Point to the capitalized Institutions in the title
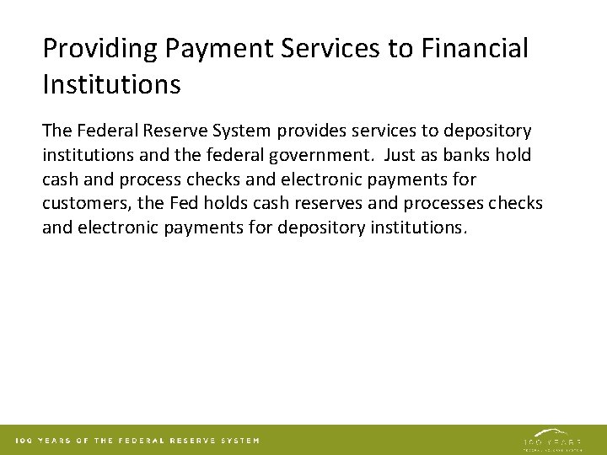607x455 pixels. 111,84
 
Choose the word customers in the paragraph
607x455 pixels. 82,205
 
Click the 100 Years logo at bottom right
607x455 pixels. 551,440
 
